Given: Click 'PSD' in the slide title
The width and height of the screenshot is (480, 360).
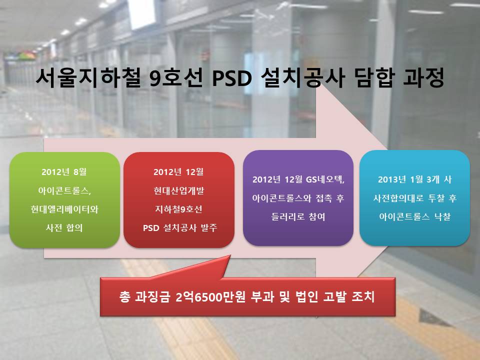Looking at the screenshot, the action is (231, 78).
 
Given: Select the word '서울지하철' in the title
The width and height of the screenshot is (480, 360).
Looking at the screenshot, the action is (88, 78).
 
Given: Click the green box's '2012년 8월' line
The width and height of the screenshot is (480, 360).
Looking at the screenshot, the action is (64, 171).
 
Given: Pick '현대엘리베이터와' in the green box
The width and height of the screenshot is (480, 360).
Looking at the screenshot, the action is (64, 209).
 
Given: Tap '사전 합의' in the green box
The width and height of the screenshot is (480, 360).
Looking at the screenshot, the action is (64, 228).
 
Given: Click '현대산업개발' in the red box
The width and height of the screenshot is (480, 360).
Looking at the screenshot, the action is (179, 190).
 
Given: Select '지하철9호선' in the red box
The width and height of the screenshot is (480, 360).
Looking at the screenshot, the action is (179, 209).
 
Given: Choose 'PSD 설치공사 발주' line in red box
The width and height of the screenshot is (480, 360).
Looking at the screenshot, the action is (180, 228).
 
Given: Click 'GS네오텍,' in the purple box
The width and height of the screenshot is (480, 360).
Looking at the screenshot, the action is (325, 179).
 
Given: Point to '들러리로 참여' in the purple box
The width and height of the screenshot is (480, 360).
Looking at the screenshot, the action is (298, 216).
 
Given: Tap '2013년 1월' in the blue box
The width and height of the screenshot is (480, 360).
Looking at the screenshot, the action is (400, 179).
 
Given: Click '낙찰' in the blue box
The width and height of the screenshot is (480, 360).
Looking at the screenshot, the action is (442, 216).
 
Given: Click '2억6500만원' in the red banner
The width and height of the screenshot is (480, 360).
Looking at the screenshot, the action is (210, 296).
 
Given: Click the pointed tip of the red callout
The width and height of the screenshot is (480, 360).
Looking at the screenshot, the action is (230, 255).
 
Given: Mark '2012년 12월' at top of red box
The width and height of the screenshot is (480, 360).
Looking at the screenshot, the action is (179, 171).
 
